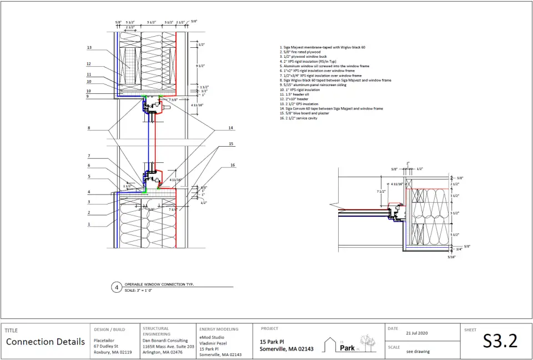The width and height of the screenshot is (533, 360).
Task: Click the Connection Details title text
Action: pos(46,342)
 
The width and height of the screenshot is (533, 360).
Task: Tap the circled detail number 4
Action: pos(117,287)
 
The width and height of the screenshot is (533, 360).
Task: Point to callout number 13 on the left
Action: pos(89,48)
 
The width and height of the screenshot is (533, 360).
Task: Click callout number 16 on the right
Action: pos(233,165)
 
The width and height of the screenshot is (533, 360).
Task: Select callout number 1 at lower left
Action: pos(89,224)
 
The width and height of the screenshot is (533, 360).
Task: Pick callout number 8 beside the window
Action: pos(88,128)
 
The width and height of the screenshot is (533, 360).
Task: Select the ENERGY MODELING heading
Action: pos(219,329)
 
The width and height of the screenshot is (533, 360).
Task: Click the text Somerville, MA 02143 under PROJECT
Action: pos(286,349)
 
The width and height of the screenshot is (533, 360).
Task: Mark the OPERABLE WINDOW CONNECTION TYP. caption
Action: pos(159,284)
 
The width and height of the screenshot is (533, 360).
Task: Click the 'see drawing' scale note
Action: pos(418,351)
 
